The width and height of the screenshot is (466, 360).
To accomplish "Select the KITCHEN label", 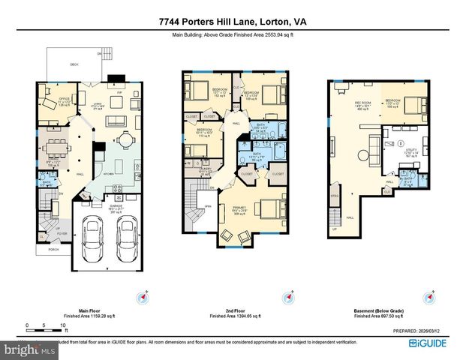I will point(108,172).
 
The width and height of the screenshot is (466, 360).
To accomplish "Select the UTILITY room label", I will point(410,154).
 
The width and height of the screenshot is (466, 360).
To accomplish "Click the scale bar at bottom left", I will point(46,326).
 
